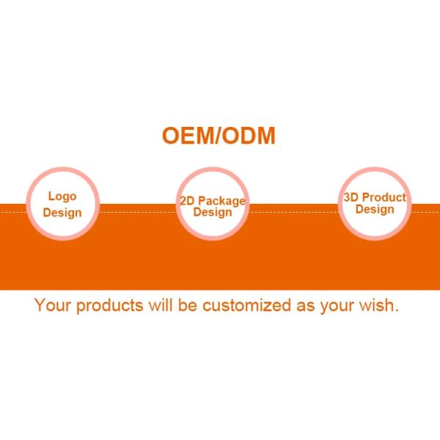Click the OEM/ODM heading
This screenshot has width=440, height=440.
[x=219, y=136]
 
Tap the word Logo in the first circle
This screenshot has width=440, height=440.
[x=62, y=197]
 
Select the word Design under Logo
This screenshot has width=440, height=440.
[x=62, y=213]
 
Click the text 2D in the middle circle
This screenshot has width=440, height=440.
[x=187, y=201]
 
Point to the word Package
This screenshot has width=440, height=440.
[x=222, y=202]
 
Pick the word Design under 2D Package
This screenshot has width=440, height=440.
[x=213, y=213]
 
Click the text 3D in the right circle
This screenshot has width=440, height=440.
[x=351, y=197]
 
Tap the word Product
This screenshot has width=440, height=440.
[x=384, y=197]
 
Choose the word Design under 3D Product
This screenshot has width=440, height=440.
[x=375, y=210]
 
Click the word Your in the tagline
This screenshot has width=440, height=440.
[x=53, y=305]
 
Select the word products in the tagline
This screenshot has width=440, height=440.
[x=110, y=306]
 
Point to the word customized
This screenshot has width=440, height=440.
[x=246, y=305]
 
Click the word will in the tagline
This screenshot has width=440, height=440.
[x=161, y=305]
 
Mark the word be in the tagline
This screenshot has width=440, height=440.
[x=188, y=305]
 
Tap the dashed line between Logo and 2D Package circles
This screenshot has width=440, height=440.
[x=138, y=212]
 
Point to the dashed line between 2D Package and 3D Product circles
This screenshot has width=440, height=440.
[x=294, y=212]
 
